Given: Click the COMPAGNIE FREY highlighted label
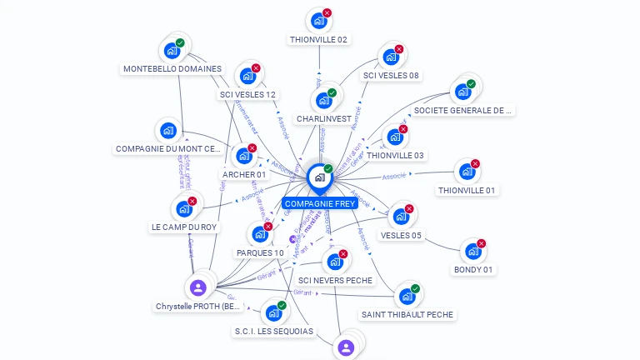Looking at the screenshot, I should (319, 203).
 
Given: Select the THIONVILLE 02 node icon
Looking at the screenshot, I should (317, 21).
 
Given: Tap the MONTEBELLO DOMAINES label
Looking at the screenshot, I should (172, 69).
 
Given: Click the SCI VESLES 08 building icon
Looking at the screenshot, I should (390, 58).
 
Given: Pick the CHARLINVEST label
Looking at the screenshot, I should (323, 119).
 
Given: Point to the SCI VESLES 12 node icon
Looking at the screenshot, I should (247, 76).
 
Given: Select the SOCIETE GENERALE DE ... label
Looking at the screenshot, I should (462, 110).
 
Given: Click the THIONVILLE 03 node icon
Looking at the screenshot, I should (394, 137).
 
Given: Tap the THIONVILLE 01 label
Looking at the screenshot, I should (467, 191).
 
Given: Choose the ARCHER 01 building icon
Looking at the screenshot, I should (243, 156).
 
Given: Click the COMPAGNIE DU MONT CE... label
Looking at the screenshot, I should (169, 149).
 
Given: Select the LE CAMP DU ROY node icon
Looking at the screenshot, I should (182, 209).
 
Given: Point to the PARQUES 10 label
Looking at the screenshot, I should (260, 252).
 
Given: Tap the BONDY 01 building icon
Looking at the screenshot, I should (472, 251).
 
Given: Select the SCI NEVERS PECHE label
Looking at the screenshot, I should (335, 281).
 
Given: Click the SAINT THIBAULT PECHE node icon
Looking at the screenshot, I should (407, 296).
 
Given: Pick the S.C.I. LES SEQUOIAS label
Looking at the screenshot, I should (273, 332).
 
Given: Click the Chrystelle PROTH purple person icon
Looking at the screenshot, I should (197, 288).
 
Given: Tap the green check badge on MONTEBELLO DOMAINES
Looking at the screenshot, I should (180, 42).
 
